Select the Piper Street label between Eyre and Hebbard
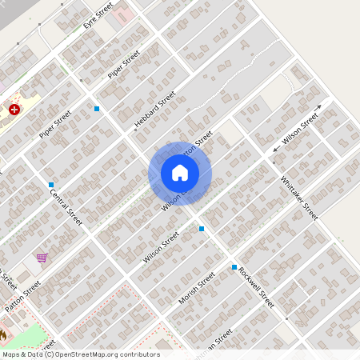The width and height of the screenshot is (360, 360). pyautogui.click(x=124, y=65)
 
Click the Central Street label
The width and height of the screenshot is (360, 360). pyautogui.click(x=66, y=206)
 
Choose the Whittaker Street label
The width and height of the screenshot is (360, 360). pyautogui.click(x=299, y=198)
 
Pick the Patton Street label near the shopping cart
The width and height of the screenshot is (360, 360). pyautogui.click(x=22, y=297)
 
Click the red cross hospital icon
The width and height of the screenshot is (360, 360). pyautogui.click(x=14, y=109)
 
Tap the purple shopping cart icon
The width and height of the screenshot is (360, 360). pyautogui.click(x=41, y=258)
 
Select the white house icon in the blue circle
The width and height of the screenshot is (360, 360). pyautogui.click(x=180, y=173)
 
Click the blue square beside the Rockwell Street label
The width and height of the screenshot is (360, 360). pyautogui.click(x=234, y=267)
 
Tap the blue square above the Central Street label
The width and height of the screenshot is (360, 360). pyautogui.click(x=51, y=185)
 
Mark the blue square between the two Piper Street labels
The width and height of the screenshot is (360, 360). pyautogui.click(x=97, y=109)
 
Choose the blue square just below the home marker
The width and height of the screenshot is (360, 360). pyautogui.click(x=202, y=229)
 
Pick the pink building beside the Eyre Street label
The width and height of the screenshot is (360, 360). pyautogui.click(x=124, y=14)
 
